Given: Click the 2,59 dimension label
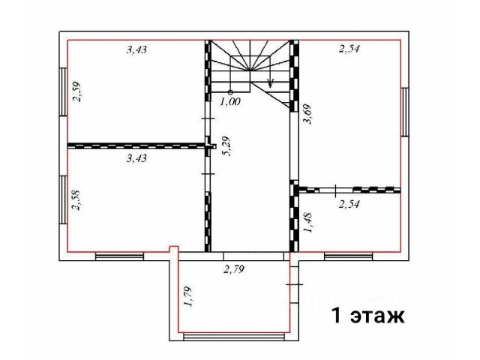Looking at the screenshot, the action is point(76,91).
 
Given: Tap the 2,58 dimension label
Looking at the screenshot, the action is point(76,200).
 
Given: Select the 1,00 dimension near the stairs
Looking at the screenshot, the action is point(230,102).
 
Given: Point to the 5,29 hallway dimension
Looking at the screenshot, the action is point(227,146).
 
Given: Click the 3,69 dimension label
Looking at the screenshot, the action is point(307,114).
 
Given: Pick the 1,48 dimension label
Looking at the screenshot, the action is point(307,223).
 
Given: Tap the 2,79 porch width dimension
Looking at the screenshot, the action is point(234,269).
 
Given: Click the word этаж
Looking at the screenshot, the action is point(377,316).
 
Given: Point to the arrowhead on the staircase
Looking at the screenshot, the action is point(270,82).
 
